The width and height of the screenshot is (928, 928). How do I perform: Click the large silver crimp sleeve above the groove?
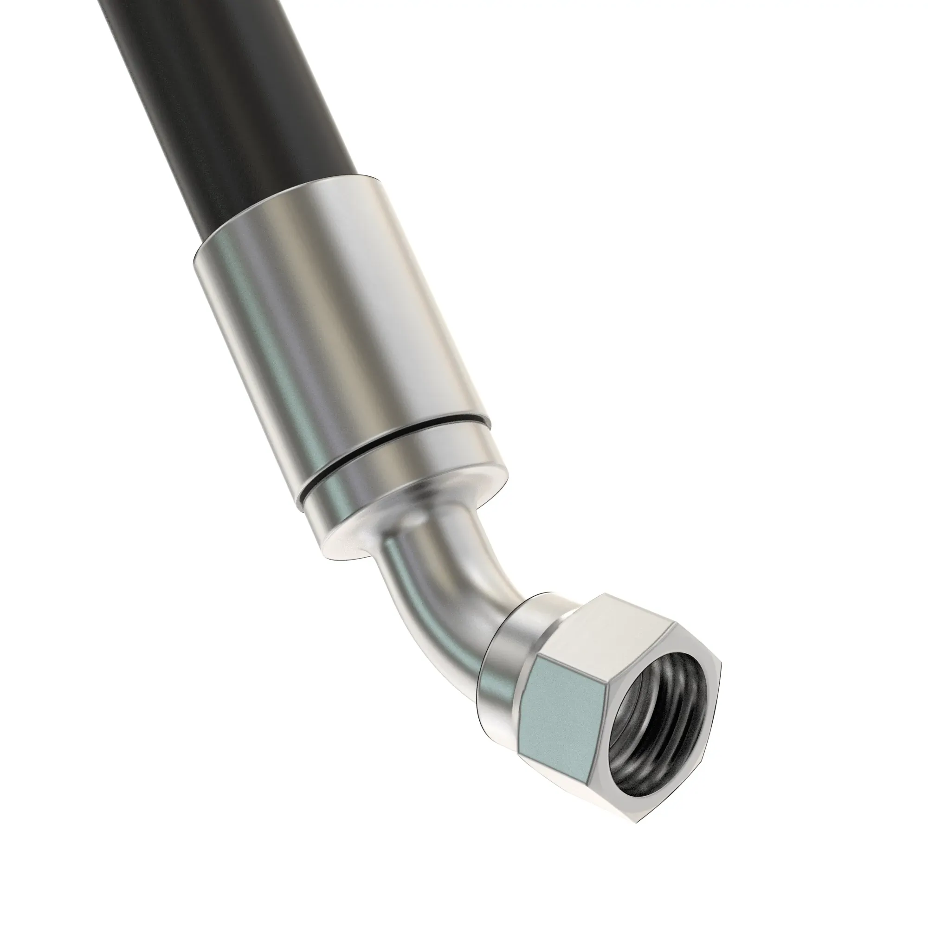308,308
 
